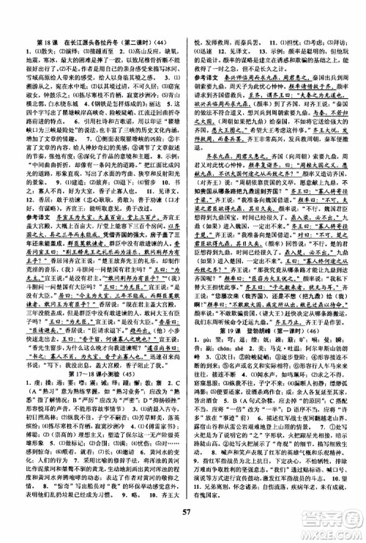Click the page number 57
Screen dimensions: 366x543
click(x=183, y=517)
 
